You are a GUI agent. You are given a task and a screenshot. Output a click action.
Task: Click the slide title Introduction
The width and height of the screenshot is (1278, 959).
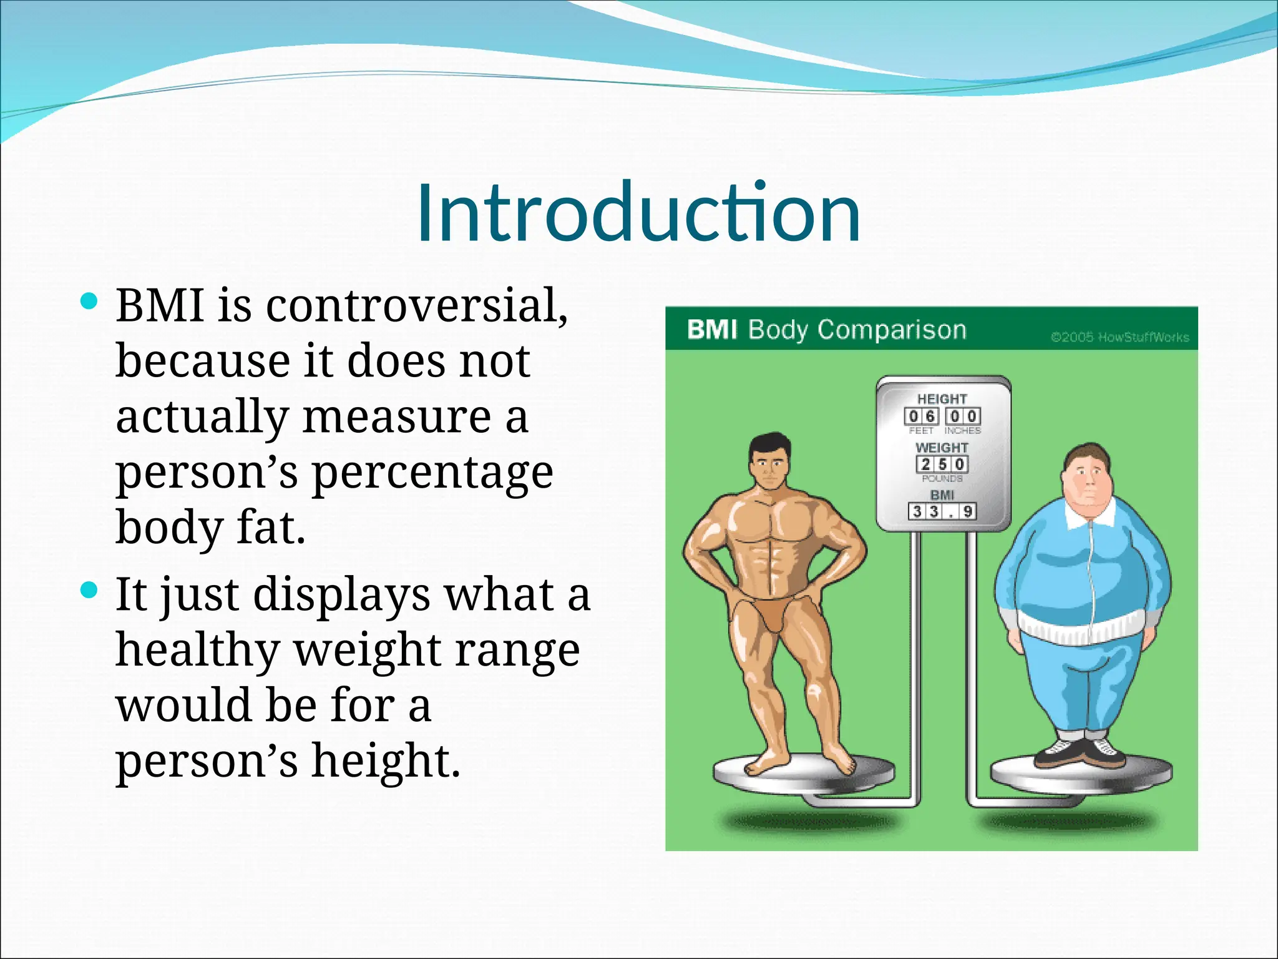638,212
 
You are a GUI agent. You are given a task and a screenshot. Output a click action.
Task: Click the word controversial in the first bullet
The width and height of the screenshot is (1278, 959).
417,306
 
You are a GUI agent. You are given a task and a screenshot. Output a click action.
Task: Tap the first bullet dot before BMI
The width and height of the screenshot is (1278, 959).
90,302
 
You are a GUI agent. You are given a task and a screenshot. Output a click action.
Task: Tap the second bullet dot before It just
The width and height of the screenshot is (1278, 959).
90,590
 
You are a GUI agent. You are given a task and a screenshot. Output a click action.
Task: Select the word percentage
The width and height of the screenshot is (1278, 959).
432,472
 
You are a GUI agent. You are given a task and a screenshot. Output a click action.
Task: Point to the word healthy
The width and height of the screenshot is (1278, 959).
197,649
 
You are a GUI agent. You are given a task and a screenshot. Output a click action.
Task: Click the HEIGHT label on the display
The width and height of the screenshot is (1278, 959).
942,398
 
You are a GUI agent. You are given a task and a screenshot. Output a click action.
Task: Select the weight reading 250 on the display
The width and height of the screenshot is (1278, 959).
942,464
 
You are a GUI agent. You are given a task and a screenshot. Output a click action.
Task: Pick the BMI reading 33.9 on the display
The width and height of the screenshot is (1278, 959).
942,511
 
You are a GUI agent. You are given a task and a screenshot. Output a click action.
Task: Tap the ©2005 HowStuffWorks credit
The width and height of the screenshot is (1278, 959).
1119,337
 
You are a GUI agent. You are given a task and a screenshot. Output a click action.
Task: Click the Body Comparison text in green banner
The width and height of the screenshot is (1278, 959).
857,329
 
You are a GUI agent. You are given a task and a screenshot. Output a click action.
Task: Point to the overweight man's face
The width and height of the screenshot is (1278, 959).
1090,481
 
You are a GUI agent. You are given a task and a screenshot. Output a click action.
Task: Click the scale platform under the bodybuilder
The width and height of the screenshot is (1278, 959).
804,774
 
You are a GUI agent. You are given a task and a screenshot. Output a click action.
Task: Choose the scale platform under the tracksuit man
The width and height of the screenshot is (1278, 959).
1081,777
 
